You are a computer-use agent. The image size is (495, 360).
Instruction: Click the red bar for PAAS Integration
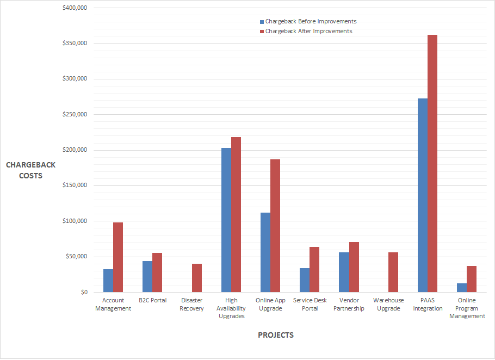(432, 163)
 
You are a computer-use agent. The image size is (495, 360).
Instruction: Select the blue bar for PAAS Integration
(423, 195)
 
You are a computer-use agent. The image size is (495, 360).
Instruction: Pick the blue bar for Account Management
(108, 281)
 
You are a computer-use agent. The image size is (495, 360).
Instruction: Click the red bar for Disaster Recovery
(197, 278)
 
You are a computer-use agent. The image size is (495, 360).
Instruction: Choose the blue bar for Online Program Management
(462, 288)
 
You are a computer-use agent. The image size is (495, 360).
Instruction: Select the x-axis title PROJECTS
(276, 335)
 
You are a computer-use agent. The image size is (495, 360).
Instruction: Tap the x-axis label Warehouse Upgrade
(388, 304)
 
